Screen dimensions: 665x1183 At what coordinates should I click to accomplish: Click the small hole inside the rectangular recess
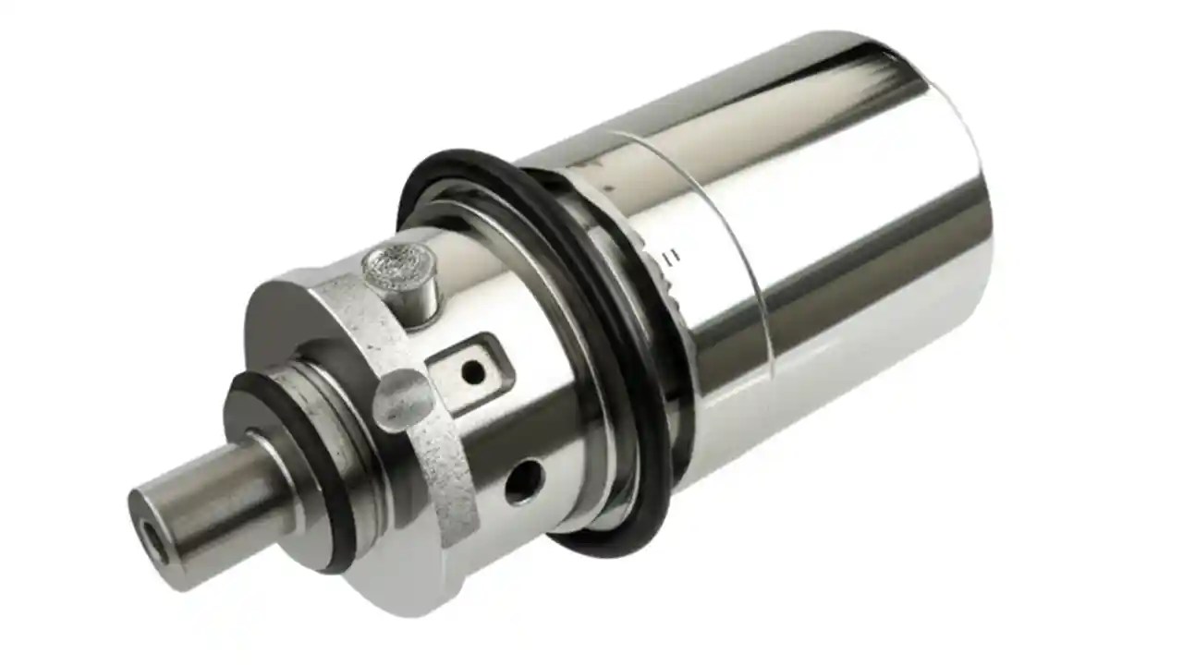[x=472, y=372]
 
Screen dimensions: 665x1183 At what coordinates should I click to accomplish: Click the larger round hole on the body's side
[x=525, y=480]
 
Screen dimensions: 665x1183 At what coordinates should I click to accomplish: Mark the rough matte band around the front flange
[x=444, y=462]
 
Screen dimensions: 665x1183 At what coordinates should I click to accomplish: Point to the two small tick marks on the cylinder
[x=674, y=255]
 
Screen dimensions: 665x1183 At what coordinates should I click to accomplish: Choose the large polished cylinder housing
[x=832, y=277]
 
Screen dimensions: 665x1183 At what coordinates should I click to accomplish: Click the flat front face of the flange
[x=277, y=332]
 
